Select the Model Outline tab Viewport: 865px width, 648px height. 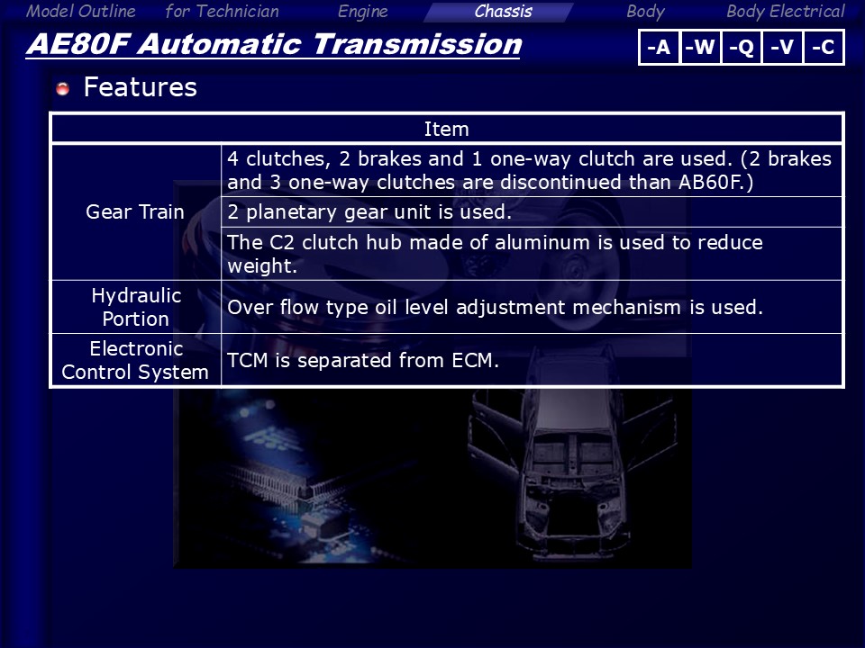[x=80, y=12]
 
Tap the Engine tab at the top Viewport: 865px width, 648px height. [x=362, y=12]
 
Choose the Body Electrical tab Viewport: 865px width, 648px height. [x=785, y=12]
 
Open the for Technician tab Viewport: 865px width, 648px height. [x=222, y=12]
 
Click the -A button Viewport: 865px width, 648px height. [x=659, y=48]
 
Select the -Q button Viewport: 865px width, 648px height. [x=741, y=48]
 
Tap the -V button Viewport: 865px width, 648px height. [x=782, y=48]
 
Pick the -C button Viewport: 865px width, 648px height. [x=823, y=48]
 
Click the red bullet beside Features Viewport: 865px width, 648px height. [x=63, y=88]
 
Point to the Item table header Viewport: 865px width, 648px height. [x=446, y=129]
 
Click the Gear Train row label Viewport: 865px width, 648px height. [x=135, y=212]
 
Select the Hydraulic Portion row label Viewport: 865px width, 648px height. [x=136, y=307]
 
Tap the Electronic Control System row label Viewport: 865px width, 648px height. [x=136, y=360]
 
